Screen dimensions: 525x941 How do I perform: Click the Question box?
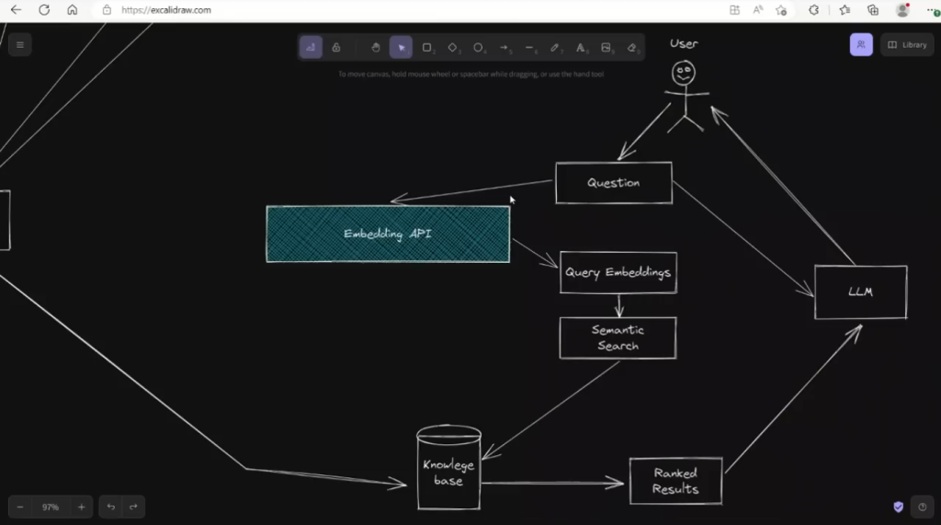point(613,183)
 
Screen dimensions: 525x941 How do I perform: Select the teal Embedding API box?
point(388,234)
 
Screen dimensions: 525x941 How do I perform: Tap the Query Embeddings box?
point(618,272)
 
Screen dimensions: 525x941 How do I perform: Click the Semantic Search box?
point(618,338)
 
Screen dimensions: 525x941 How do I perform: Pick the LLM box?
point(860,292)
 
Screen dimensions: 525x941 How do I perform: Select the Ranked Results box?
point(675,481)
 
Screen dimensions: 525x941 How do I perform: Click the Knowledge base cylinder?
point(448,469)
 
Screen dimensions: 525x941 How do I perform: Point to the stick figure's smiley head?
point(683,73)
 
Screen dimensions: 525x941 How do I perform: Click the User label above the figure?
point(684,43)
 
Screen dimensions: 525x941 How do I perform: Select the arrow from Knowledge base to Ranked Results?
point(551,483)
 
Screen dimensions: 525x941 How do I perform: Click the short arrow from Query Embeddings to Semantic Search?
point(618,305)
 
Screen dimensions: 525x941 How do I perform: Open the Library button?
point(907,45)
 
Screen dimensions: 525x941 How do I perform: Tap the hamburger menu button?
point(19,45)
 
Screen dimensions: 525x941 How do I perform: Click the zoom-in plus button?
point(81,507)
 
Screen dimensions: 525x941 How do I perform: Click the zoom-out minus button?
point(20,507)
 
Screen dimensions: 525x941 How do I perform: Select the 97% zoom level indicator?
point(50,507)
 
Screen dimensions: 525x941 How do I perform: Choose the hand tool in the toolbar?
point(375,47)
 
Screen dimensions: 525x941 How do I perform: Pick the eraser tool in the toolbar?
point(631,47)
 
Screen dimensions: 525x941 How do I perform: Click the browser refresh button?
point(44,10)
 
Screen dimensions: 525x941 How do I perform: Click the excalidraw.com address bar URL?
point(166,10)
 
